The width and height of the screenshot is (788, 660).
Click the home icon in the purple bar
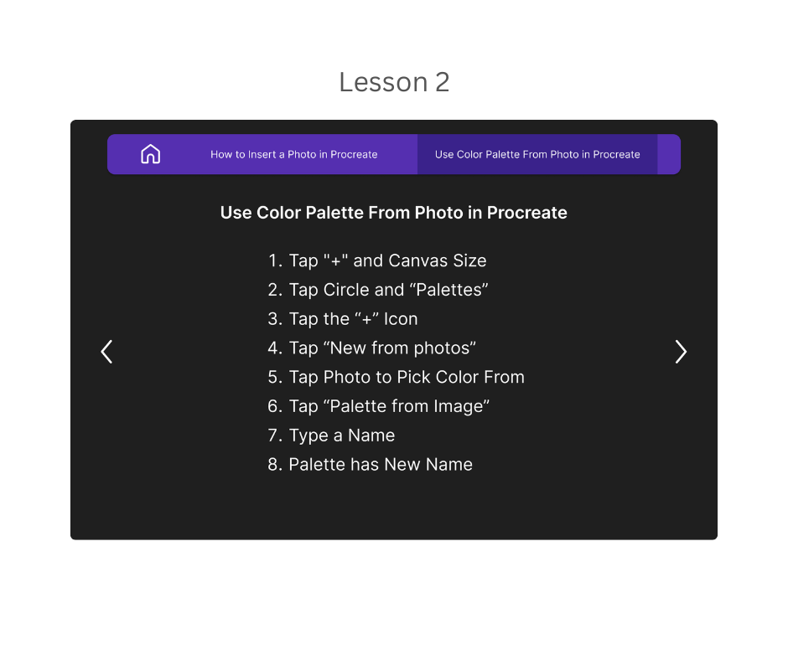pyautogui.click(x=150, y=154)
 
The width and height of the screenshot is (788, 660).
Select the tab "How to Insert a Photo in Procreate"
pyautogui.click(x=293, y=154)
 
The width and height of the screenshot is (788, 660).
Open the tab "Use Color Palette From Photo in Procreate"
pyautogui.click(x=537, y=154)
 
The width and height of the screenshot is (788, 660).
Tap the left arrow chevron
pyautogui.click(x=106, y=352)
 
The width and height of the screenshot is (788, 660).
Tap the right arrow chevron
pyautogui.click(x=681, y=352)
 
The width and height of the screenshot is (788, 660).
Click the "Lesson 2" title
pyautogui.click(x=394, y=82)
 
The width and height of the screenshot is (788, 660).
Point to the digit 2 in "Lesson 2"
pyautogui.click(x=442, y=82)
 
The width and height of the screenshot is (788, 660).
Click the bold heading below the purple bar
pyautogui.click(x=393, y=213)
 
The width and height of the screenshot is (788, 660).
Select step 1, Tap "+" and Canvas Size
pyautogui.click(x=377, y=260)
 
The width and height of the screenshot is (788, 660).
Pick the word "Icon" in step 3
pyautogui.click(x=400, y=319)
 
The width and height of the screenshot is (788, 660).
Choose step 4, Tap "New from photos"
pyautogui.click(x=372, y=348)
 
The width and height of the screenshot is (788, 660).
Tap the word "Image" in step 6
pyautogui.click(x=458, y=406)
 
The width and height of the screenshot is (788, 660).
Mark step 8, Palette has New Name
pyautogui.click(x=371, y=465)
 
